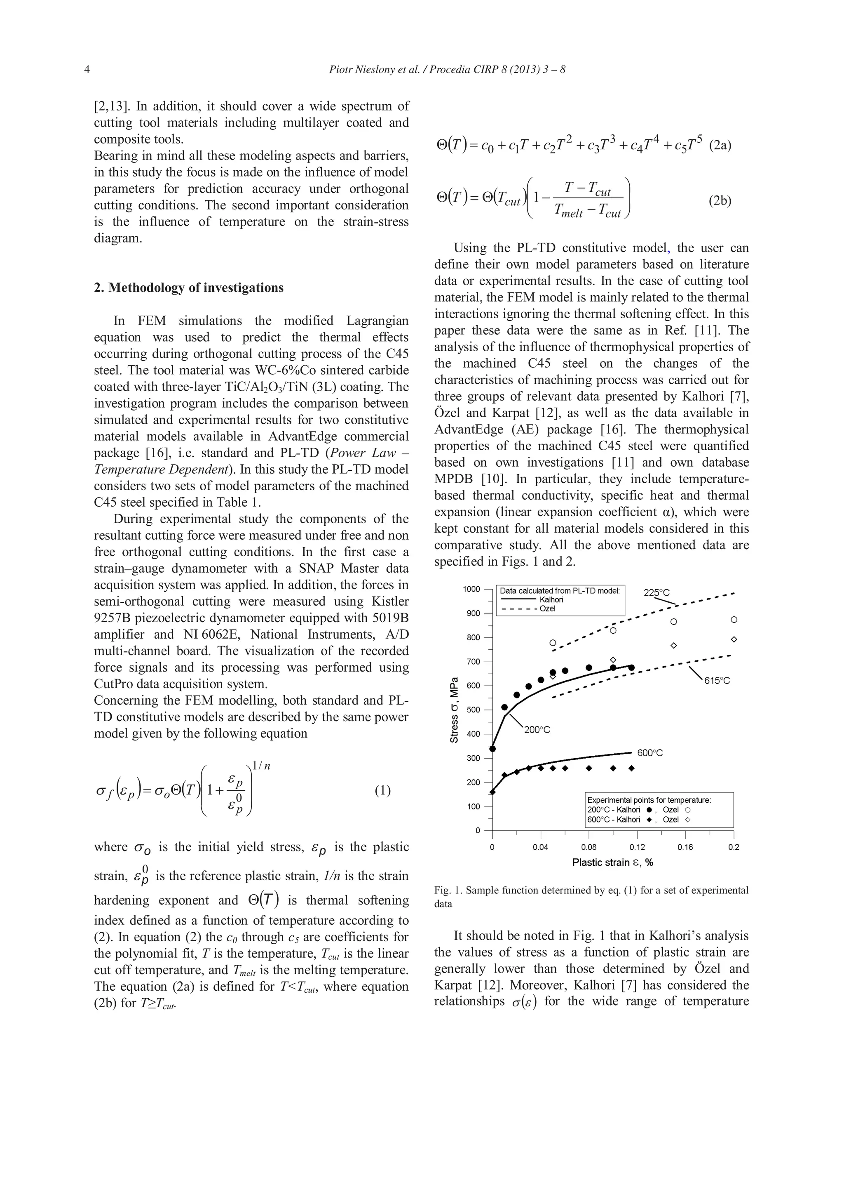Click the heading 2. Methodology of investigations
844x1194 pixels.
[x=189, y=288]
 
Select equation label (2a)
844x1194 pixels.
[x=720, y=145]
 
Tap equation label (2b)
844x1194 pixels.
[x=720, y=201]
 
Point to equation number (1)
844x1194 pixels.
[x=382, y=791]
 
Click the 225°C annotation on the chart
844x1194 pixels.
[x=657, y=593]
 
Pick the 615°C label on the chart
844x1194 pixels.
[x=717, y=681]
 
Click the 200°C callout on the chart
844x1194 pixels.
[x=537, y=730]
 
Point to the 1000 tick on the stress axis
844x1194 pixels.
[x=471, y=589]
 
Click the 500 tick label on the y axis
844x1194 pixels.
[x=473, y=710]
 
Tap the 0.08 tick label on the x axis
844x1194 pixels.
[x=589, y=847]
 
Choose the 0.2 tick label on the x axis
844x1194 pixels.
[x=733, y=847]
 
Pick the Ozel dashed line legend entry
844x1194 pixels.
[x=547, y=609]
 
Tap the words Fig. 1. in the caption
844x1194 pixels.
[x=448, y=890]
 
